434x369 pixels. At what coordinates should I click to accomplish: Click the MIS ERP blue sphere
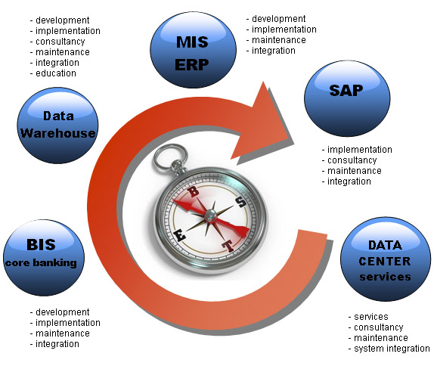(194, 50)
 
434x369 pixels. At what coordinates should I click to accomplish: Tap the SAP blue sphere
(347, 98)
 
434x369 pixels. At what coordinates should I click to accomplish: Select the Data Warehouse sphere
(57, 126)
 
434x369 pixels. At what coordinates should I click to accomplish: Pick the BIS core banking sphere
(44, 257)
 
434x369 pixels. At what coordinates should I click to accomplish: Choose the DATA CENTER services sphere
(386, 259)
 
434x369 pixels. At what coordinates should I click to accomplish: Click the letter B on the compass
(194, 191)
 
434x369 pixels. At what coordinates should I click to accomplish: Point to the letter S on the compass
(241, 202)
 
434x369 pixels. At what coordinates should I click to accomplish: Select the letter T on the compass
(228, 245)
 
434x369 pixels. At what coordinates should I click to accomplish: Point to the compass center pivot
(211, 215)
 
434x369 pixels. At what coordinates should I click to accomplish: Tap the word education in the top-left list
(56, 73)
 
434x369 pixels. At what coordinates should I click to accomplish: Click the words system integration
(392, 349)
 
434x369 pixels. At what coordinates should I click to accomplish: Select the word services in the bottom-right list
(371, 316)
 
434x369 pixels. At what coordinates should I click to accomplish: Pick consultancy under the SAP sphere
(352, 160)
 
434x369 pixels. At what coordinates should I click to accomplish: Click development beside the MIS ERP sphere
(278, 19)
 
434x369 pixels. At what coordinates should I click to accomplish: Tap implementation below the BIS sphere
(68, 322)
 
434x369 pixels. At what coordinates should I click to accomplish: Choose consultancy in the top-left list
(60, 42)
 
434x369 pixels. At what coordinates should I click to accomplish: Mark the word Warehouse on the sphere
(58, 133)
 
